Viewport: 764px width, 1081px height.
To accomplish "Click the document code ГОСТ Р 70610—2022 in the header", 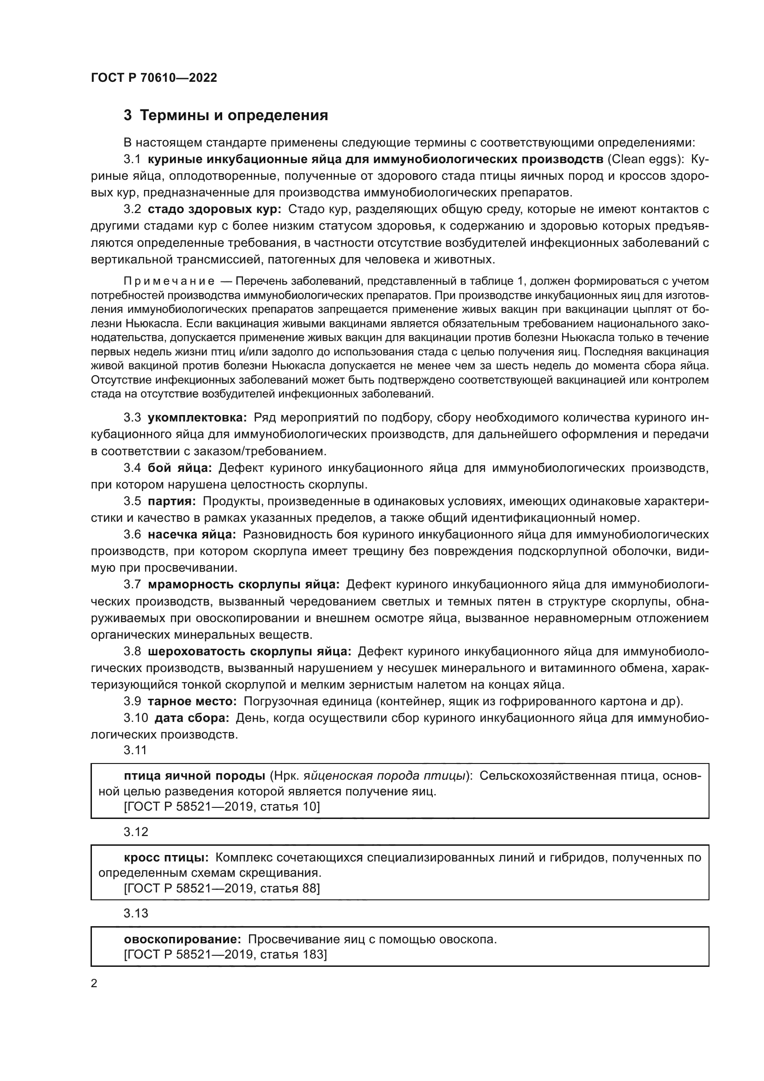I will click(154, 78).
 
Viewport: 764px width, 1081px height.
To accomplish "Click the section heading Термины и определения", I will click(234, 116).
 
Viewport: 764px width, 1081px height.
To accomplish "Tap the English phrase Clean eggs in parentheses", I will click(644, 159).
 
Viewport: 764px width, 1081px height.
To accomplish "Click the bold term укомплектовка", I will click(197, 418).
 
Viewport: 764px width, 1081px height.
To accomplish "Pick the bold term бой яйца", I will click(180, 468).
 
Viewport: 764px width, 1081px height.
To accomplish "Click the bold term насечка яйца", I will click(192, 534).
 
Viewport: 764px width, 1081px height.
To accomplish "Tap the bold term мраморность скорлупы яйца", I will click(243, 584).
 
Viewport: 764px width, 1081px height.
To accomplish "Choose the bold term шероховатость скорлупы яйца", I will click(249, 651).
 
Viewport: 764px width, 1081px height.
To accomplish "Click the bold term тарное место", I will click(192, 701).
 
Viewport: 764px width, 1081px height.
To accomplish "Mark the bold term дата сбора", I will click(192, 718).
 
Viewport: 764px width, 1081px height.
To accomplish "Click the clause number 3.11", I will click(135, 751).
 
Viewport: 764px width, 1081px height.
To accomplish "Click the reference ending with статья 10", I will click(222, 807).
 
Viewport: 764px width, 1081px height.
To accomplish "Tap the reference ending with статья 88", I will click(222, 888).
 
